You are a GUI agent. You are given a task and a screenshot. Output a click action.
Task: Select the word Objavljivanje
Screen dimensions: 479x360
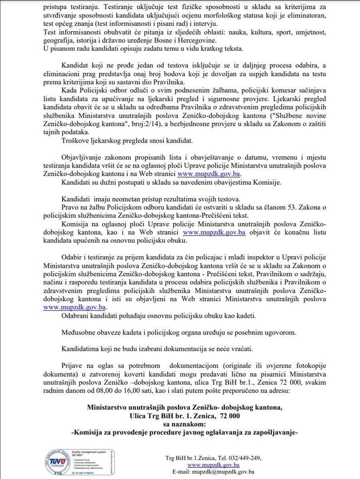click(82, 158)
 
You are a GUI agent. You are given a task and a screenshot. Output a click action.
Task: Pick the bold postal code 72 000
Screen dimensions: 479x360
click(225, 416)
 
